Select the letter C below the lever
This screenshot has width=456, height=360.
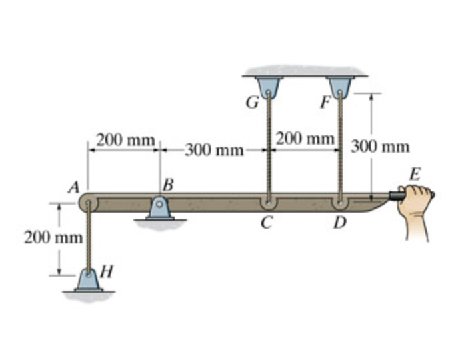[267, 223]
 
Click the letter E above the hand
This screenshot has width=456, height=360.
[415, 175]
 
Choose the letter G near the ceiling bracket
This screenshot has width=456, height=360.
[251, 104]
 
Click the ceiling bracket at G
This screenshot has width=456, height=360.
[268, 85]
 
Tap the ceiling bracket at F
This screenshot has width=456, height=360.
[340, 85]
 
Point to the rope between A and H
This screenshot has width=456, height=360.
[87, 237]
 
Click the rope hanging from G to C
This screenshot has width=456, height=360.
[268, 147]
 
